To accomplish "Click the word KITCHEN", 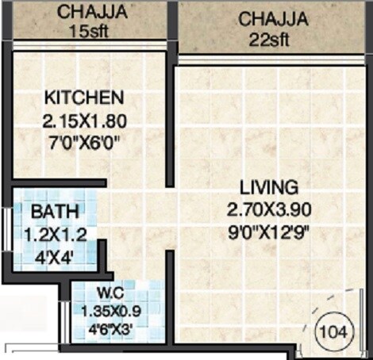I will pyautogui.click(x=84, y=98).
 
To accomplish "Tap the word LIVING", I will pyautogui.click(x=270, y=188).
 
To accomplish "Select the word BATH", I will pyautogui.click(x=54, y=213).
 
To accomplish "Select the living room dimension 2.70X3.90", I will pyautogui.click(x=271, y=211).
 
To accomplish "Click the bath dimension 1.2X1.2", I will pyautogui.click(x=54, y=235).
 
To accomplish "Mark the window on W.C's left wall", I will pyautogui.click(x=65, y=317).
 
